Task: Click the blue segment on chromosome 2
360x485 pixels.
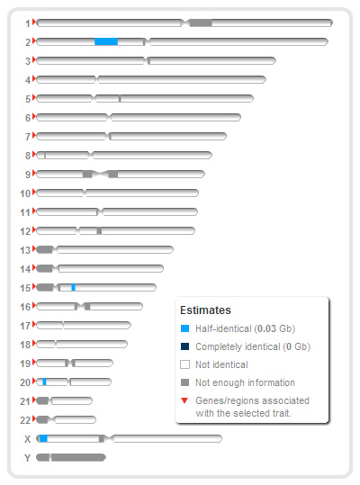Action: [106, 41]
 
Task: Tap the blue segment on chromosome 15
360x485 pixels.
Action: [73, 287]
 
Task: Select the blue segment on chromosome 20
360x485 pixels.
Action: [44, 382]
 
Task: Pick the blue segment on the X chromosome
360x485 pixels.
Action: [43, 438]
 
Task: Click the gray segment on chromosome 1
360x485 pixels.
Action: [201, 22]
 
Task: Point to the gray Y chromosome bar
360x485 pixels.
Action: [71, 457]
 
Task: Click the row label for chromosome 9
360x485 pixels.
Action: [28, 175]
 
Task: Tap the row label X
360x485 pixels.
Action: [28, 439]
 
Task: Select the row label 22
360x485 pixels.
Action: [25, 420]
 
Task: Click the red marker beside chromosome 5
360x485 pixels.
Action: [34, 98]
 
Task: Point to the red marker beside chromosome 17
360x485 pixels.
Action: [34, 325]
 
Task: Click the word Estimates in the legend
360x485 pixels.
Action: [205, 310]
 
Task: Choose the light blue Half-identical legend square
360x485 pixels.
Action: [184, 328]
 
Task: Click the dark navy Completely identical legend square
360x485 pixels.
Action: [184, 346]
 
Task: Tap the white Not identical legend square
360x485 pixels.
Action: [184, 364]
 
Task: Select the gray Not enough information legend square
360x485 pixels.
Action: [184, 382]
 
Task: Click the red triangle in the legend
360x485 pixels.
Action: [184, 401]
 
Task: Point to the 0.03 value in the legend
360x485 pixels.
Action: [267, 328]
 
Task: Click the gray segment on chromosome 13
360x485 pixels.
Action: [44, 249]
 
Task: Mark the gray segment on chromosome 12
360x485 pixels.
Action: [99, 230]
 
